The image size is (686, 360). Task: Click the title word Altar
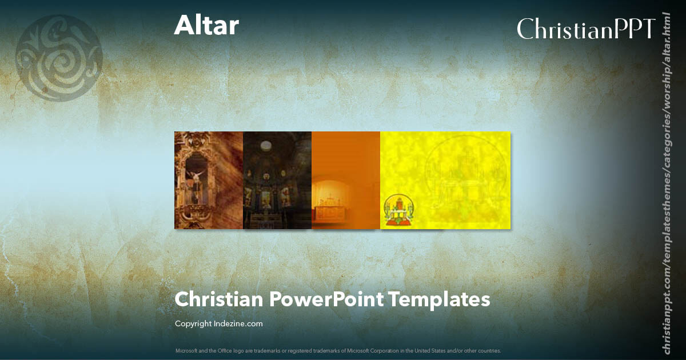point(206,26)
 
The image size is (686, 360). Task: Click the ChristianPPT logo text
point(585,29)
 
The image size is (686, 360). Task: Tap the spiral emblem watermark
point(59,58)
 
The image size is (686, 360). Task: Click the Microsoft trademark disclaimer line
point(338,350)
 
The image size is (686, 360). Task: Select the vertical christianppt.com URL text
point(666,183)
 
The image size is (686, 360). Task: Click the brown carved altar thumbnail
point(209,180)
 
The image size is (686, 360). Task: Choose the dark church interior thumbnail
point(277,180)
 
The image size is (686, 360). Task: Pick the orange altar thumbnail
point(346,180)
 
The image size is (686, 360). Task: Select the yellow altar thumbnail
point(445,180)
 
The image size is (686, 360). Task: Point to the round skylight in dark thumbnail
point(266,146)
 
